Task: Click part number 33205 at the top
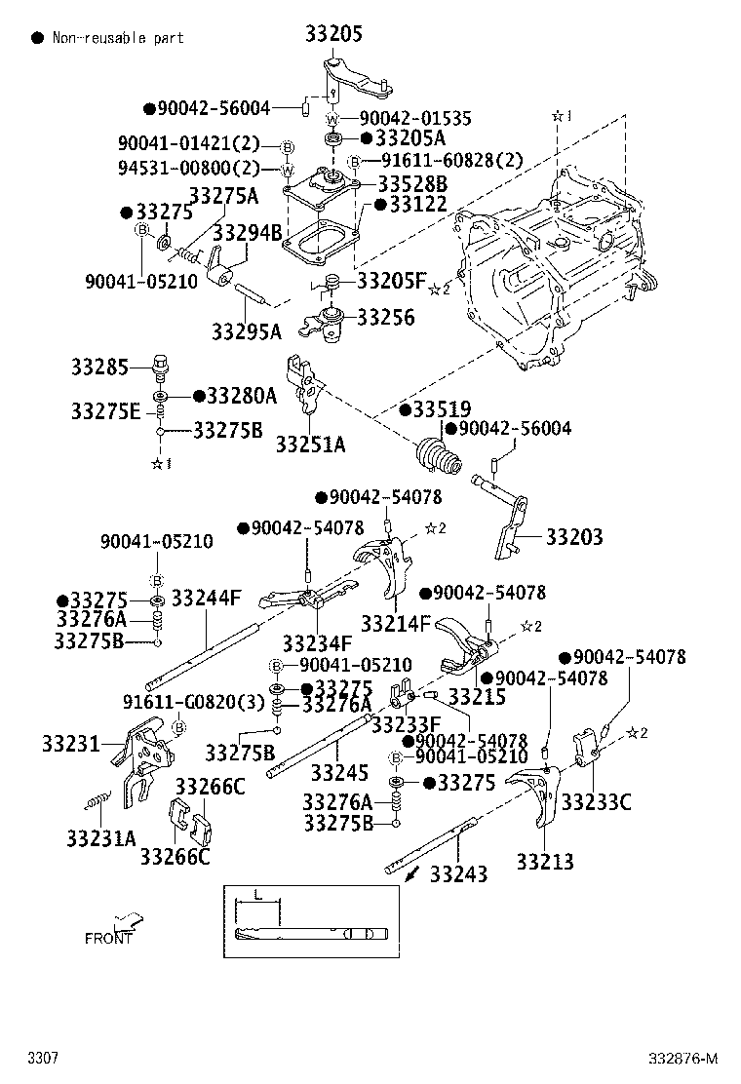coord(333,36)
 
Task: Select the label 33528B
coord(412,183)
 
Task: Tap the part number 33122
coord(417,205)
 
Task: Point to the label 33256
coord(385,317)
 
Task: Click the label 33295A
coord(247,331)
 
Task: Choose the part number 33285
coord(98,368)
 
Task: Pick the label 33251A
coord(310,445)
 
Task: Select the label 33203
coord(574,537)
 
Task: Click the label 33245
coord(339,773)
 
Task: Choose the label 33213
coord(545,861)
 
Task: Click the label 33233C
coord(598,802)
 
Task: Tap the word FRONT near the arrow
coord(108,939)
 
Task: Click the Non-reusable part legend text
coord(118,38)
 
